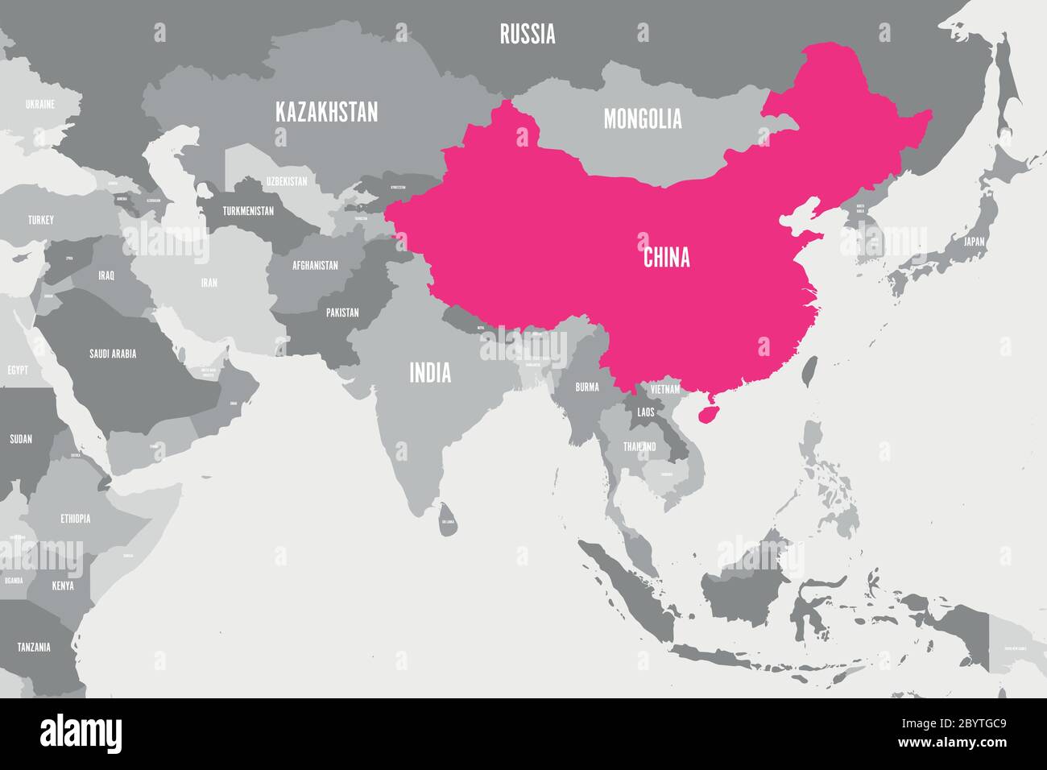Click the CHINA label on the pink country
[x=666, y=258]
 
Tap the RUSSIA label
[x=527, y=34]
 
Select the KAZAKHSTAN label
[x=326, y=112]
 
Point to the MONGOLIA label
[x=643, y=119]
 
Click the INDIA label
[x=430, y=373]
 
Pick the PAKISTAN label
[x=342, y=313]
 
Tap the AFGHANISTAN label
[x=315, y=265]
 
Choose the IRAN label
[x=209, y=283]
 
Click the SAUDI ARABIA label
[x=113, y=353]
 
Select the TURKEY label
[x=40, y=220]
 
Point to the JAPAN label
[x=975, y=241]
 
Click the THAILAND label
[x=639, y=446]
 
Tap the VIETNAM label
[x=665, y=389]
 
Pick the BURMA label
[x=587, y=387]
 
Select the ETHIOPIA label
[x=75, y=519]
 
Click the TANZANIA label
[x=34, y=647]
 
